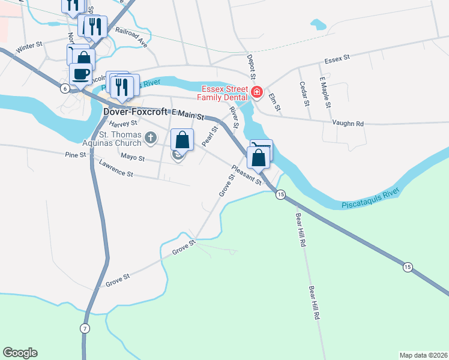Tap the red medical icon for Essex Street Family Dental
point(257,92)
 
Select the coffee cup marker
point(80,74)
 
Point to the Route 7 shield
point(85,328)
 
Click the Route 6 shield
point(64,88)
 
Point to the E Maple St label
point(326,92)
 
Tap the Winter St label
point(29,47)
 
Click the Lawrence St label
point(116,169)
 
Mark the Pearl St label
point(209,136)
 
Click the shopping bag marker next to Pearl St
point(183,140)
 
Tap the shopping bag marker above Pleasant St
point(259,158)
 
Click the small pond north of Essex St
point(318,25)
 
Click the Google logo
point(20,353)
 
